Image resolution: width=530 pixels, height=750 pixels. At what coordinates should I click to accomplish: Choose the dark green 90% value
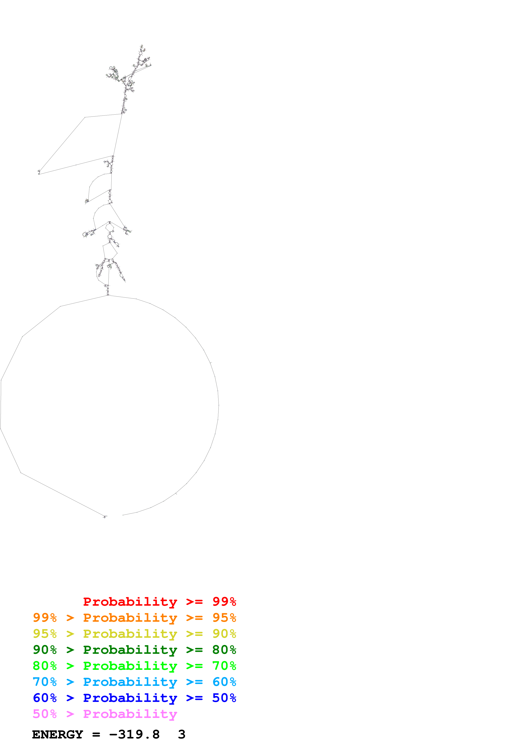pos(45,650)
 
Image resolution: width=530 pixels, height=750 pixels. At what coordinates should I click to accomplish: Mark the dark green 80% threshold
pos(224,650)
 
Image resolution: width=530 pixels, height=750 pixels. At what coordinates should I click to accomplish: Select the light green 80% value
pos(45,666)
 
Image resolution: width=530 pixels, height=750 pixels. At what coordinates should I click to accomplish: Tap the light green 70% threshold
pos(224,666)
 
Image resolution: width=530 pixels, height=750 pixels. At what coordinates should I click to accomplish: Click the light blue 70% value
pos(45,682)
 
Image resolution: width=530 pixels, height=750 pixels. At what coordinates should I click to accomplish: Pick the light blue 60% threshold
pos(224,682)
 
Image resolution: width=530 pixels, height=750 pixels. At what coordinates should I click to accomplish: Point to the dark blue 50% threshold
pos(224,698)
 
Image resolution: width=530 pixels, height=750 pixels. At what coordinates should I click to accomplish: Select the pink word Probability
pos(130,714)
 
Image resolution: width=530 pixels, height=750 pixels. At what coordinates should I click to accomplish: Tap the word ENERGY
pos(58,735)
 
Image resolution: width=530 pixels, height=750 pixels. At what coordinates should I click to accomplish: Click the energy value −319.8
pos(134,735)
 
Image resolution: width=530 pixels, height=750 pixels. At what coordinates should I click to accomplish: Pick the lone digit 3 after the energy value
pos(182,735)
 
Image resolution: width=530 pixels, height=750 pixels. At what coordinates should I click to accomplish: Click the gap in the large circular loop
pos(114,516)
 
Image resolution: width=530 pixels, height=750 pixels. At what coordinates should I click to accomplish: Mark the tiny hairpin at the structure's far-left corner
pos(39,172)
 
